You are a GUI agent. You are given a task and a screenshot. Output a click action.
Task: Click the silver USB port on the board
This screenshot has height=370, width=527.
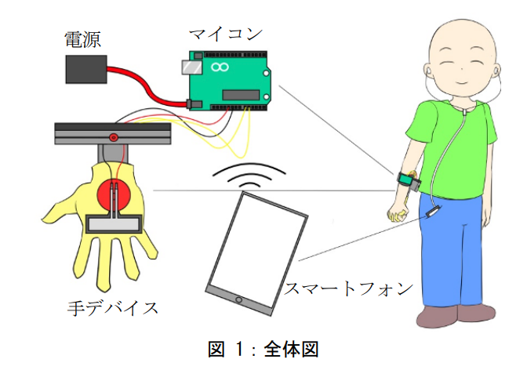(188, 68)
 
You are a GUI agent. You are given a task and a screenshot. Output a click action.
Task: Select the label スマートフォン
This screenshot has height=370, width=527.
(348, 288)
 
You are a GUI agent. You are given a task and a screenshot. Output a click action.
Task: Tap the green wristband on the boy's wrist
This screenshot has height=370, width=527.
(407, 180)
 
